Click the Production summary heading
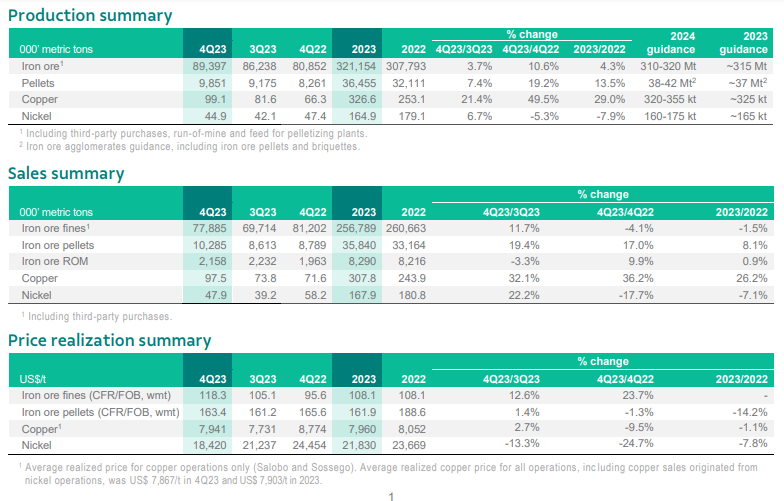pyautogui.click(x=90, y=16)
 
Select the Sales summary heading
pyautogui.click(x=66, y=173)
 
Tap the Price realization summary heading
pyautogui.click(x=110, y=340)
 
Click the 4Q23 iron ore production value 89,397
pyautogui.click(x=206, y=65)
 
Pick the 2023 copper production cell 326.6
pyautogui.click(x=363, y=99)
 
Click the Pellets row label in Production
pyautogui.click(x=38, y=82)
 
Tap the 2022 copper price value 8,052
pyautogui.click(x=412, y=427)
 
